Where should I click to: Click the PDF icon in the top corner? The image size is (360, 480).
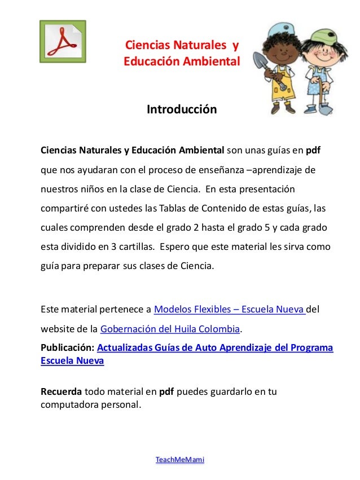click(63, 42)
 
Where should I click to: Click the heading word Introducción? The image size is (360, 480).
click(182, 109)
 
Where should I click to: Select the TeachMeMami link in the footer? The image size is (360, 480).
click(180, 460)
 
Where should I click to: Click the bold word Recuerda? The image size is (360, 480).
click(62, 391)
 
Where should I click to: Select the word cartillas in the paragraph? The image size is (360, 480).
click(135, 248)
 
